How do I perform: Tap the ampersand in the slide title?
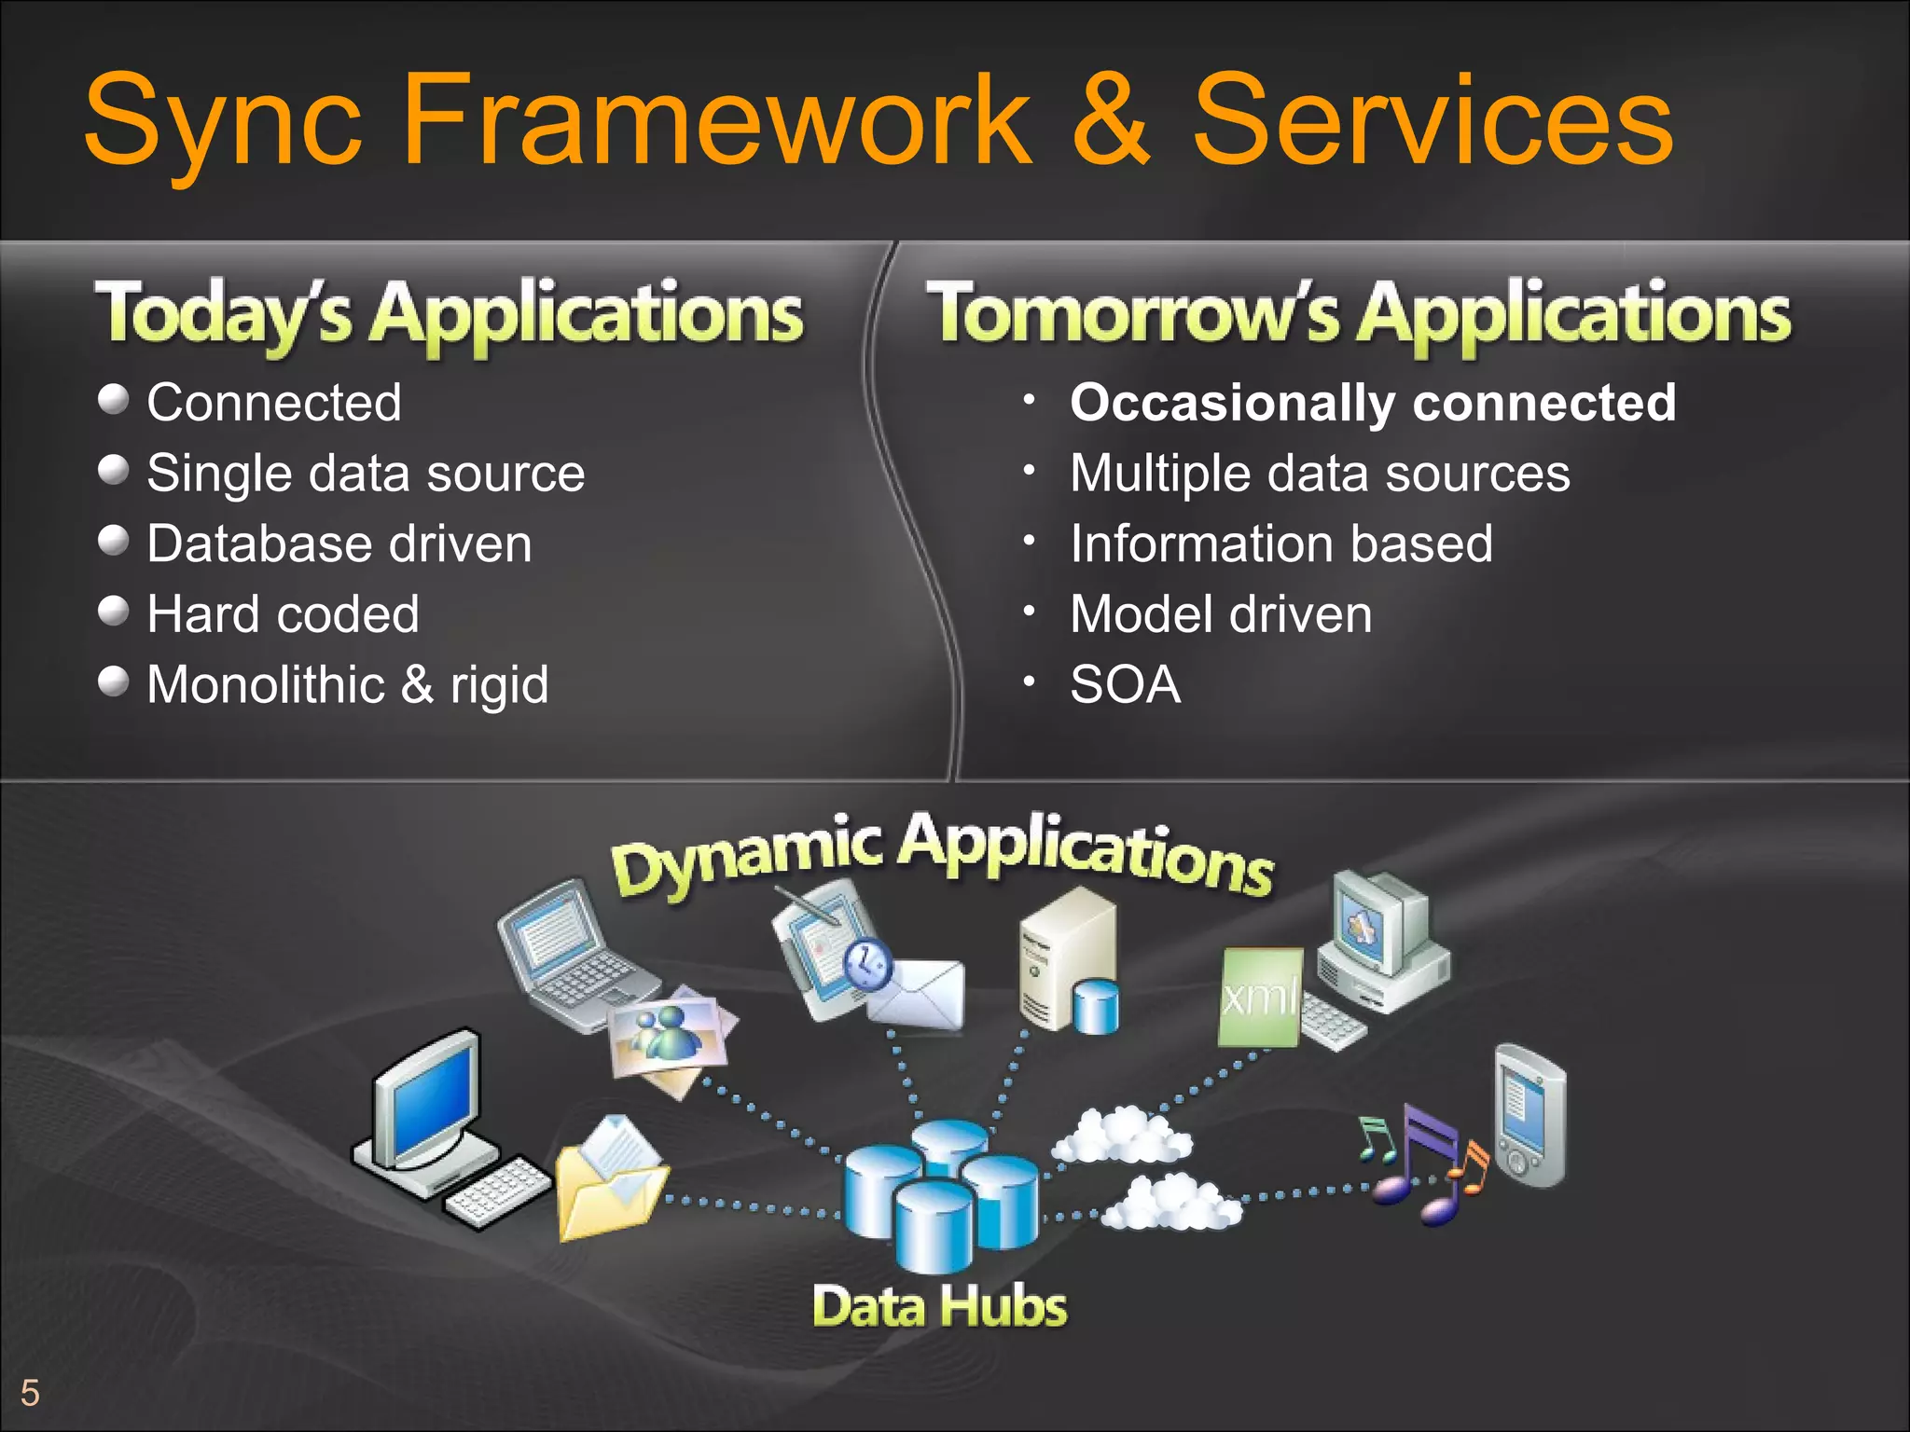[1110, 121]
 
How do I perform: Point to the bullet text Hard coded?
[283, 614]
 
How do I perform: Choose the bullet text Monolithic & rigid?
[347, 685]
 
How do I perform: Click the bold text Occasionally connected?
[1372, 403]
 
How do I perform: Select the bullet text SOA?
[1125, 685]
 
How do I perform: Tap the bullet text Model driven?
[1221, 614]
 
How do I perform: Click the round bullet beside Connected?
[113, 399]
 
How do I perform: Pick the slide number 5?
[30, 1393]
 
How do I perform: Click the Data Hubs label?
[939, 1306]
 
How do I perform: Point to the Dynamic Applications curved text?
[942, 853]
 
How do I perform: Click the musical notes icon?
[1422, 1165]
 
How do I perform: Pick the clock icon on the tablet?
[868, 963]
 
